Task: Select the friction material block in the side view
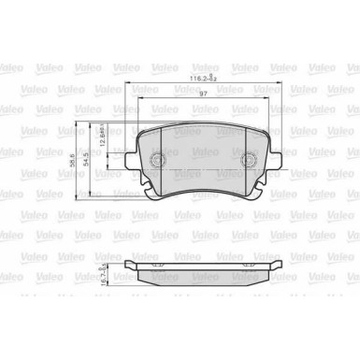point(204,276)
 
